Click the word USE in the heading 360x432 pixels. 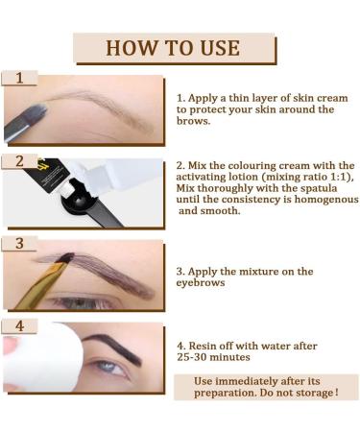[x=220, y=48]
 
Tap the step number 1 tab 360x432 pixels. [x=19, y=78]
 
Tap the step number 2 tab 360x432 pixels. [x=19, y=161]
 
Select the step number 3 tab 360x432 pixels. [x=19, y=244]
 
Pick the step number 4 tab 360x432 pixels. [x=19, y=326]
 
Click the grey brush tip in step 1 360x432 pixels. [x=35, y=113]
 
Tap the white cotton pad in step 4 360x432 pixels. [x=41, y=357]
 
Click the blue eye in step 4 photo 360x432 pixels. [x=108, y=367]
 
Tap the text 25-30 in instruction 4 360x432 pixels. [x=191, y=357]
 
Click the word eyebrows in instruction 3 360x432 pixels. [x=201, y=283]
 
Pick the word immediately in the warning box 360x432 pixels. [x=247, y=381]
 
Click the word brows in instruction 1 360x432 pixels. [x=193, y=121]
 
